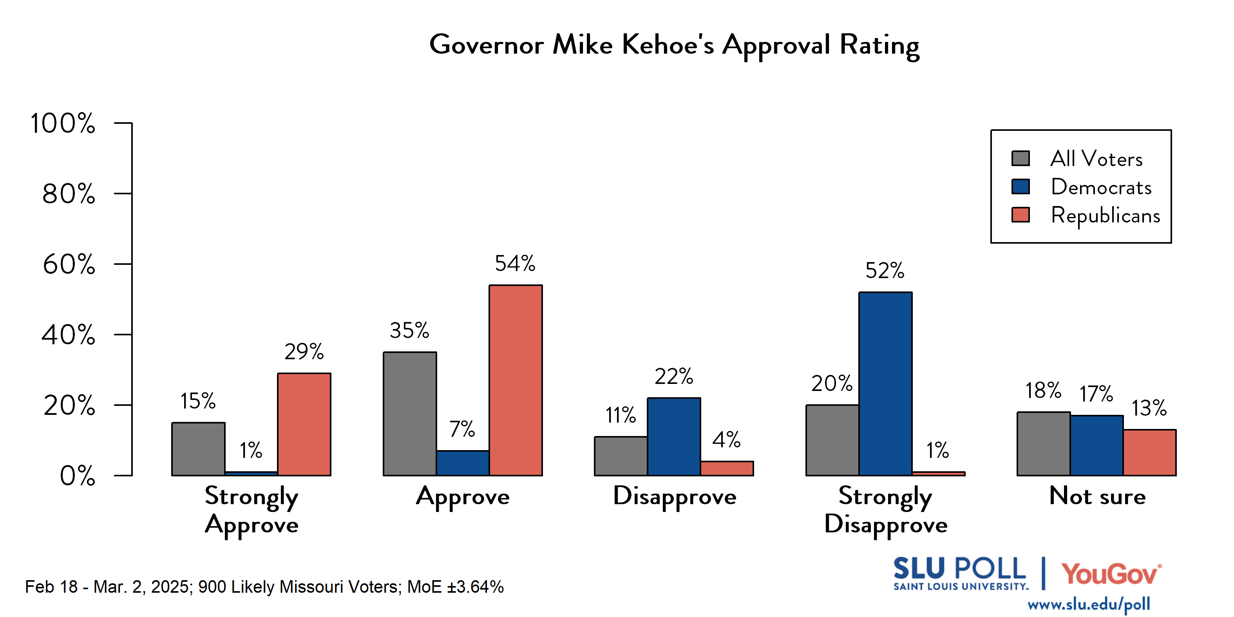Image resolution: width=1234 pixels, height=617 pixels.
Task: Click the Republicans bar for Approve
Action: point(516,380)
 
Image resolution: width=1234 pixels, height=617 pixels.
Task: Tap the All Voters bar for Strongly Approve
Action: point(198,449)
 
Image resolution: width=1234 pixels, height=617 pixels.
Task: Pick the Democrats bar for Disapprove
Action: point(673,436)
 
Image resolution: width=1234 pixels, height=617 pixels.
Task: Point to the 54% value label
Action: point(515,264)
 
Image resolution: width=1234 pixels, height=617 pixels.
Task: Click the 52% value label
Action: point(885,271)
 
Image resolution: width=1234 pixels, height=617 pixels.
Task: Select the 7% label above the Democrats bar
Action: point(462,429)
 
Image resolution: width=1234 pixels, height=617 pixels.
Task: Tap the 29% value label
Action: point(304,352)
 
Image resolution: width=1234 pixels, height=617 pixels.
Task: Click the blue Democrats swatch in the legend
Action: point(1020,186)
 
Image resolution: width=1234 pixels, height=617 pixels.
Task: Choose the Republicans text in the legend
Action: point(1105,215)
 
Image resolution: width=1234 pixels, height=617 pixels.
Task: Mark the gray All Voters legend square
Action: point(1020,158)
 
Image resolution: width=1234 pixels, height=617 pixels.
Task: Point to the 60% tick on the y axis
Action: point(69,264)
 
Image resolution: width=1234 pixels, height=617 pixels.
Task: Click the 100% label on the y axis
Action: point(63,123)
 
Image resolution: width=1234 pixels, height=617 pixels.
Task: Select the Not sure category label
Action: point(1097,496)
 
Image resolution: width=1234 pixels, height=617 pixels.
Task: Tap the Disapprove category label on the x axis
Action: point(675,497)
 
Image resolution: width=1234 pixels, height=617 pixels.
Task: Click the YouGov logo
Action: point(1111,574)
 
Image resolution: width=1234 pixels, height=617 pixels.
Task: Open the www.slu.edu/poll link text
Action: point(1088,604)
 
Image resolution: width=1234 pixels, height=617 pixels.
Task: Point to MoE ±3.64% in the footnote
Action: point(455,587)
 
